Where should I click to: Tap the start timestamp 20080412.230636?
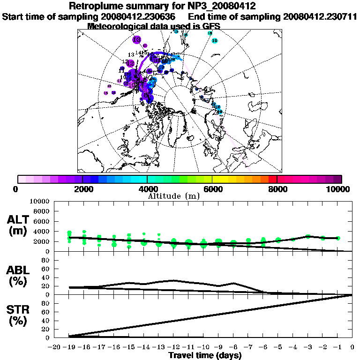(142, 16)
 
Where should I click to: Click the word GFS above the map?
(210, 26)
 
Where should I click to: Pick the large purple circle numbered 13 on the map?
(137, 40)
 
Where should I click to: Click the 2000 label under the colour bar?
(83, 189)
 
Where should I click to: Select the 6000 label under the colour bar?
(212, 189)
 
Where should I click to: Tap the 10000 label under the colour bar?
(339, 189)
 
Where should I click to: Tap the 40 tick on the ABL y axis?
(46, 277)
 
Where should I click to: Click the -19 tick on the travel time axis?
(70, 347)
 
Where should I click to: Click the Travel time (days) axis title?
(205, 356)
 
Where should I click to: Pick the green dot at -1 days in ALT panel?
(337, 238)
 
